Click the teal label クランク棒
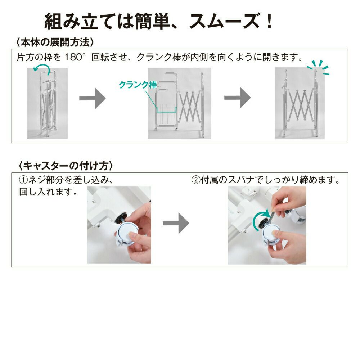tap(138, 85)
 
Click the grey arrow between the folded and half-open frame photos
tap(92, 98)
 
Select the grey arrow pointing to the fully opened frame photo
tap(237, 98)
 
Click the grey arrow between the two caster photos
tap(176, 223)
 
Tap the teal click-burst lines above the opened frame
tap(318, 67)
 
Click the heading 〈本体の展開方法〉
tap(55, 42)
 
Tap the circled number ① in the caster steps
tap(23, 180)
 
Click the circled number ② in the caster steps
tap(196, 180)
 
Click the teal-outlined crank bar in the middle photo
tap(166, 110)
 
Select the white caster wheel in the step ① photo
tap(127, 234)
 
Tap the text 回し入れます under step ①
tap(49, 192)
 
